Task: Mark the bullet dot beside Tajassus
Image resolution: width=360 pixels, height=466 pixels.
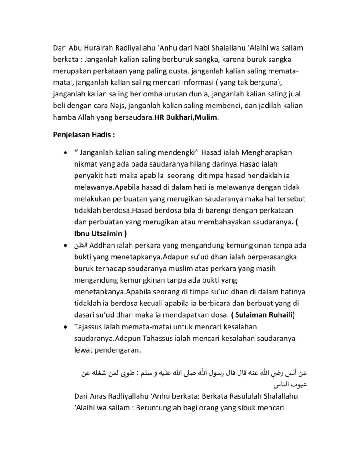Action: coord(66,327)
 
